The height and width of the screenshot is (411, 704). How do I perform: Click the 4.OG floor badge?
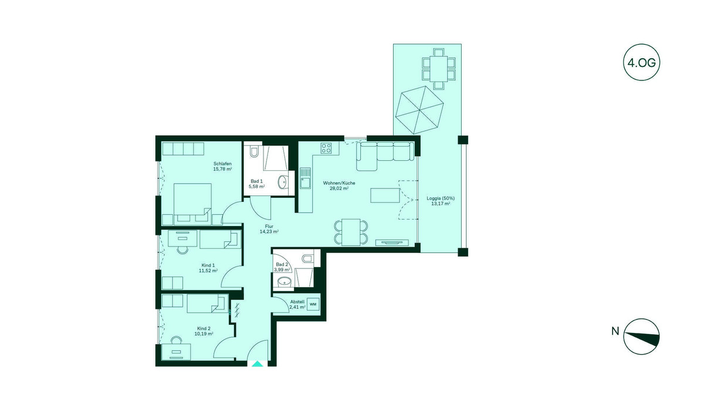641,62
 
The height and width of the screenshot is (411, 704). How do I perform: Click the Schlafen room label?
222,163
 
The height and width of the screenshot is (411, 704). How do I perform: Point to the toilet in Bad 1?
253,153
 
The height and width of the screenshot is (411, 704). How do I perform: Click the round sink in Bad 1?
285,181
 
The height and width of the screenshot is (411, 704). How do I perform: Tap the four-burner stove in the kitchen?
326,148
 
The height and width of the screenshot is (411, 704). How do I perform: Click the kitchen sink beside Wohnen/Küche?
305,177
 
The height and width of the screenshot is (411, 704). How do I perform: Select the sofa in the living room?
385,153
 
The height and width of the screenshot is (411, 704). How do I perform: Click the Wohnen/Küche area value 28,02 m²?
339,189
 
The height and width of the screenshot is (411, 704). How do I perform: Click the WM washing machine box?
313,304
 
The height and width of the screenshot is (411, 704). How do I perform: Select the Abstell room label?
298,301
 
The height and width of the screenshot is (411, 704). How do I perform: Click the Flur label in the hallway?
268,225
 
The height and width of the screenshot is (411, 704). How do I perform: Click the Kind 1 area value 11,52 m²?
208,271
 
